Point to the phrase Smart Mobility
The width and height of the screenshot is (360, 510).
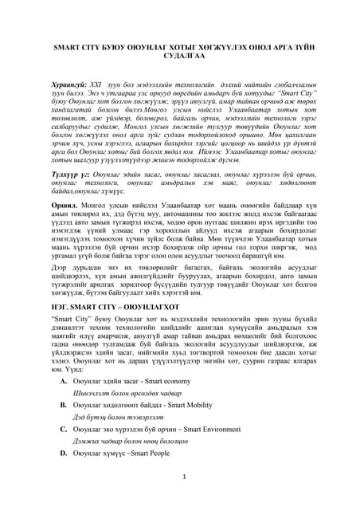tap(183, 405)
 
